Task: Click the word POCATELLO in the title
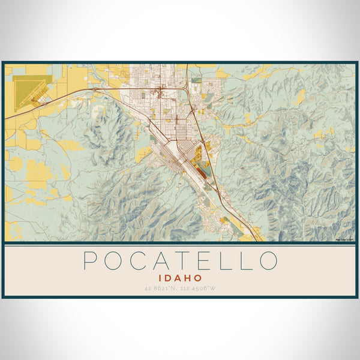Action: point(180,260)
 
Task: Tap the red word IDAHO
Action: point(180,278)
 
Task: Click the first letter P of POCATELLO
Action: point(90,260)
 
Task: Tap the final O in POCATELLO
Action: point(269,260)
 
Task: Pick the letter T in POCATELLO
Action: point(181,260)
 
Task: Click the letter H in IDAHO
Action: point(190,278)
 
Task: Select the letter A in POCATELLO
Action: point(159,260)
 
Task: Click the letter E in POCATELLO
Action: point(202,260)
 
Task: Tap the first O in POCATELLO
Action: point(112,260)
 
